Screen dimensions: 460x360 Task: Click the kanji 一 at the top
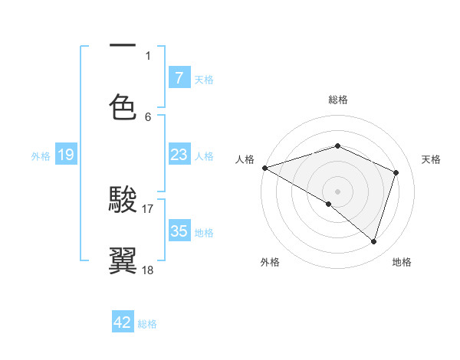click(123, 46)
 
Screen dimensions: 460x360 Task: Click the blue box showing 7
click(179, 77)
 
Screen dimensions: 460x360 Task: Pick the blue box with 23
click(179, 155)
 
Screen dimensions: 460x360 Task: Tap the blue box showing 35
click(179, 231)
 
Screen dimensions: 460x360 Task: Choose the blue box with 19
click(65, 155)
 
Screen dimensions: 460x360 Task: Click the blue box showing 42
click(123, 322)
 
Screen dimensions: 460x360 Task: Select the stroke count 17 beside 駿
click(148, 208)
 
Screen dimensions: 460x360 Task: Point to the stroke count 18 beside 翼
click(148, 270)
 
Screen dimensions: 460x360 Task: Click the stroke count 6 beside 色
click(148, 116)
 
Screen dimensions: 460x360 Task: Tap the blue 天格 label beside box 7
click(204, 79)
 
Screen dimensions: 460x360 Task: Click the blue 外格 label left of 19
click(41, 156)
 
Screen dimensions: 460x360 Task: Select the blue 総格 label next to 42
click(147, 324)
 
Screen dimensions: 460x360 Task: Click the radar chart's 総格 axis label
click(337, 100)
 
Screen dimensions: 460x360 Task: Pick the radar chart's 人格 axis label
click(245, 159)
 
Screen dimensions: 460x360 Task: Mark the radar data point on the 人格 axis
click(264, 168)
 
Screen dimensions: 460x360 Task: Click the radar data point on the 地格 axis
click(374, 242)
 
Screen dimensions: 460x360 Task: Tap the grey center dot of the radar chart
click(337, 191)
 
